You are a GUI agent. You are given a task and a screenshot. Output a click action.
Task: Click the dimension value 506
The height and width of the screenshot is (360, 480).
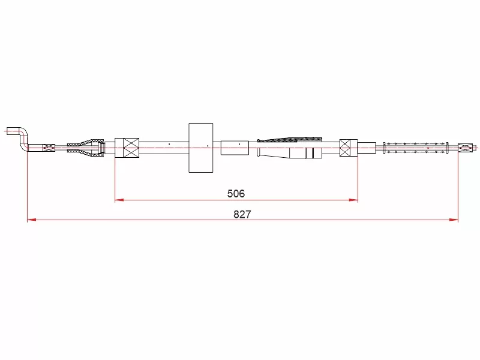[236, 193]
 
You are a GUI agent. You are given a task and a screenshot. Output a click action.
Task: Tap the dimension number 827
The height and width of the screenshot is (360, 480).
[242, 214]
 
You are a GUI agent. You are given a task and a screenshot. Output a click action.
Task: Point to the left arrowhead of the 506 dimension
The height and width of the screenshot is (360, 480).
[119, 200]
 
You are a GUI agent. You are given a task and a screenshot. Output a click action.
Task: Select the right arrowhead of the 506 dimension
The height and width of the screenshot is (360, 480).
[353, 200]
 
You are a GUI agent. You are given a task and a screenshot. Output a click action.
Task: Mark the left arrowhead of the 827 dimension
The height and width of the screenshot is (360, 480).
[32, 220]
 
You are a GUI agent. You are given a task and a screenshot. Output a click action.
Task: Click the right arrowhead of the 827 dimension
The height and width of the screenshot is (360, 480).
[454, 220]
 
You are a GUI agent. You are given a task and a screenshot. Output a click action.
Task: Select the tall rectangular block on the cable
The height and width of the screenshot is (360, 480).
[201, 148]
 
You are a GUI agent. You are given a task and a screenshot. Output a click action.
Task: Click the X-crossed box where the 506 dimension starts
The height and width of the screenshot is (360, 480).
[127, 148]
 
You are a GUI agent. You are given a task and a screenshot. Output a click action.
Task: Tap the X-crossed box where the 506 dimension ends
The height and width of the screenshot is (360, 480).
[349, 148]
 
